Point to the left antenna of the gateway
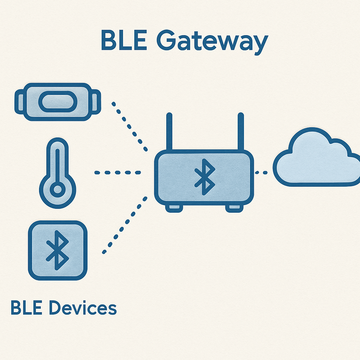tap(169, 132)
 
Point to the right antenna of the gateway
tap(240, 132)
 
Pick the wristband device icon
tap(57, 102)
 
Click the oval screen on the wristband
tap(57, 102)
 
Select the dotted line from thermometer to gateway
tap(118, 173)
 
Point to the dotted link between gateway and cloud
tap(261, 173)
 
